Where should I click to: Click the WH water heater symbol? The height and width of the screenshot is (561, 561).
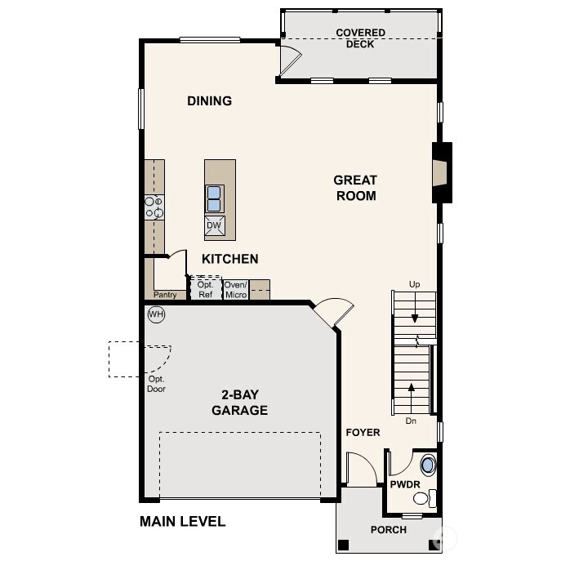pyautogui.click(x=156, y=314)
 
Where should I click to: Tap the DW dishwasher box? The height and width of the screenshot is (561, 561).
pyautogui.click(x=214, y=226)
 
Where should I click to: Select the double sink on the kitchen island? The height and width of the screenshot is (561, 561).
pyautogui.click(x=214, y=198)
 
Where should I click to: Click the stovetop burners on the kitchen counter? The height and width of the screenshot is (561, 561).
pyautogui.click(x=154, y=207)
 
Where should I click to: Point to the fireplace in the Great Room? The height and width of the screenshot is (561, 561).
pyautogui.click(x=441, y=172)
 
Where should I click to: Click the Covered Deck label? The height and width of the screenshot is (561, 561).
pyautogui.click(x=360, y=38)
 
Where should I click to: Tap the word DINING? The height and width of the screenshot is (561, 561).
pyautogui.click(x=210, y=101)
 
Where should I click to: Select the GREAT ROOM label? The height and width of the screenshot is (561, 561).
pyautogui.click(x=355, y=188)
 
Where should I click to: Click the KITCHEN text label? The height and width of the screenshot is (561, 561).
pyautogui.click(x=230, y=259)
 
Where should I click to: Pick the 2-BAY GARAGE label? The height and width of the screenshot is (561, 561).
pyautogui.click(x=239, y=403)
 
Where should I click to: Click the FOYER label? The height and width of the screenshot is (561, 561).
pyautogui.click(x=363, y=432)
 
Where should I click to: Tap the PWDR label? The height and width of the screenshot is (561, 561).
pyautogui.click(x=404, y=484)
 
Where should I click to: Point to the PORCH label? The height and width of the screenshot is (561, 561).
pyautogui.click(x=389, y=530)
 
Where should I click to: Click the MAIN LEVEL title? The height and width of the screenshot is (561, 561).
pyautogui.click(x=182, y=522)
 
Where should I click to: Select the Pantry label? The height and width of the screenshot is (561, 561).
pyautogui.click(x=165, y=295)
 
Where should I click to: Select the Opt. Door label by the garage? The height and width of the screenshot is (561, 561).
pyautogui.click(x=157, y=384)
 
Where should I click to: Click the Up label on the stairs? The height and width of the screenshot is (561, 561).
pyautogui.click(x=415, y=284)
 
